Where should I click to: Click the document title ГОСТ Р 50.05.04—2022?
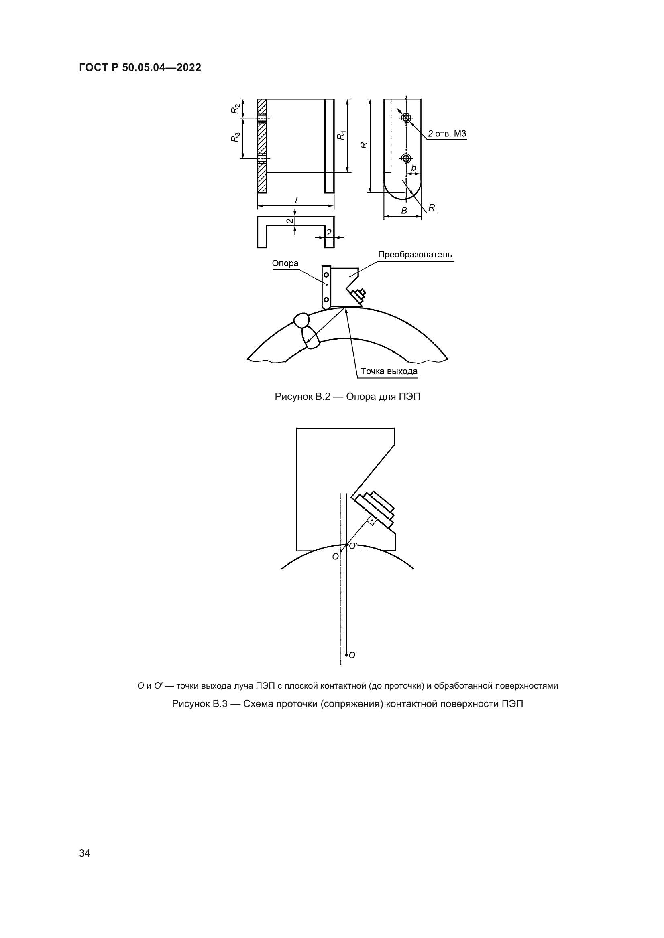click(x=140, y=68)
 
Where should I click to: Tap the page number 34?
click(x=84, y=853)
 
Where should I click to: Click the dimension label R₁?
click(x=341, y=135)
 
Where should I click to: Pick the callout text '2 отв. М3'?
click(x=447, y=134)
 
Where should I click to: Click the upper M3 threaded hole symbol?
click(x=406, y=118)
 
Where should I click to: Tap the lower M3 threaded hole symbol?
click(x=406, y=158)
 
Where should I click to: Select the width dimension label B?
click(x=404, y=211)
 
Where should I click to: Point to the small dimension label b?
click(x=413, y=168)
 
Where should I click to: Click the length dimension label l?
click(x=295, y=200)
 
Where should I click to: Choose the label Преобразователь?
click(x=415, y=255)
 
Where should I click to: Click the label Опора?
click(x=285, y=263)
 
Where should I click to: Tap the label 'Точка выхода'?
click(x=389, y=371)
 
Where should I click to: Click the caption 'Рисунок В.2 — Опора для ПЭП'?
click(x=348, y=397)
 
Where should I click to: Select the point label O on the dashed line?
click(x=335, y=557)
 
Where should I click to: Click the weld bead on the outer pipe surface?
click(x=303, y=320)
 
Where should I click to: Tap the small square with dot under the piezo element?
click(x=372, y=520)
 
